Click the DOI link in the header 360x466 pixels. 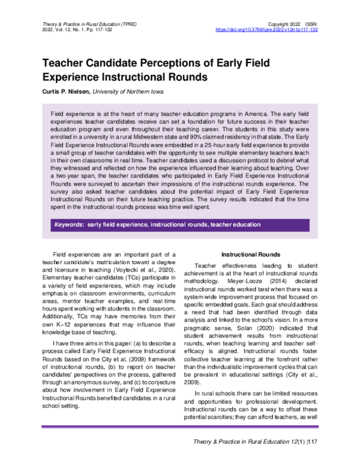(x=266, y=29)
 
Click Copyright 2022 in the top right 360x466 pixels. (x=278, y=23)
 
